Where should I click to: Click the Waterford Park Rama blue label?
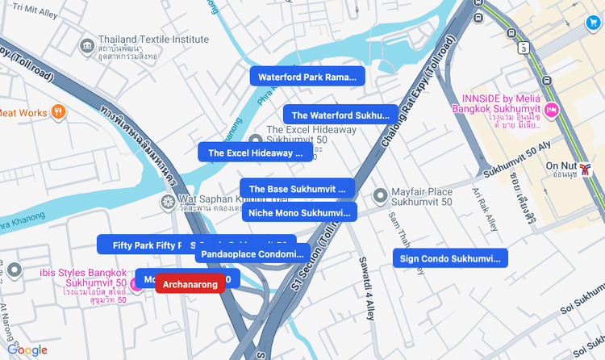[x=307, y=77]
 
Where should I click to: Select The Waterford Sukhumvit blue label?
[x=340, y=115]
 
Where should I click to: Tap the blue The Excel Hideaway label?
[x=255, y=153]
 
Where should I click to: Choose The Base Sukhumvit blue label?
[x=297, y=189]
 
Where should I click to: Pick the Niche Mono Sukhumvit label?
[x=298, y=213]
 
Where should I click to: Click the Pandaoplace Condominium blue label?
[x=252, y=253]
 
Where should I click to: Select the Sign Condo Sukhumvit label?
[x=450, y=259]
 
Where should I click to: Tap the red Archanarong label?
[x=190, y=285]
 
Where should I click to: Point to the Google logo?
[x=27, y=350]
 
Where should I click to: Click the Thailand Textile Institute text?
[x=142, y=40]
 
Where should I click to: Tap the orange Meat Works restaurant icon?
[x=58, y=112]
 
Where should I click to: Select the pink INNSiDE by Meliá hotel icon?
[x=552, y=109]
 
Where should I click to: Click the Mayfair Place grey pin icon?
[x=380, y=195]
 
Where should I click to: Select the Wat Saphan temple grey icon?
[x=168, y=201]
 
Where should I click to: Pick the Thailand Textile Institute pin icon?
[x=87, y=44]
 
